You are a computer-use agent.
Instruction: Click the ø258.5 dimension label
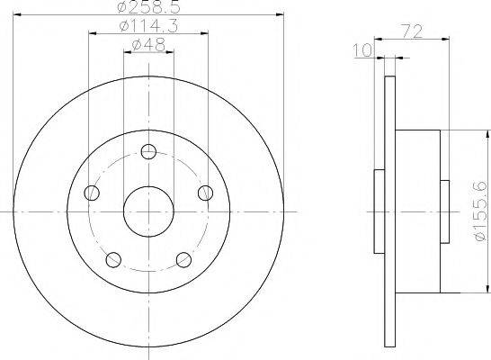[x=149, y=6]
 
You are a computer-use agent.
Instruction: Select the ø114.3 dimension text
[x=148, y=26]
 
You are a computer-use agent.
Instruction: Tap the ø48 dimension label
[x=148, y=45]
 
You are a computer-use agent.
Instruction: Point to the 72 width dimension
[x=412, y=31]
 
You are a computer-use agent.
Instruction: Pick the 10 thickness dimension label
[x=362, y=50]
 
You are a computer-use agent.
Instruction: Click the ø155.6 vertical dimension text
[x=481, y=211]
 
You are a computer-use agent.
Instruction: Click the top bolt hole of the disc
[x=148, y=152]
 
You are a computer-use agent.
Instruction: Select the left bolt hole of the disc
[x=92, y=193]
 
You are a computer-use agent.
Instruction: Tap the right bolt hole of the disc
[x=206, y=193]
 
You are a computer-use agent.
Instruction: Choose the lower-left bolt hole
[x=113, y=260]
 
